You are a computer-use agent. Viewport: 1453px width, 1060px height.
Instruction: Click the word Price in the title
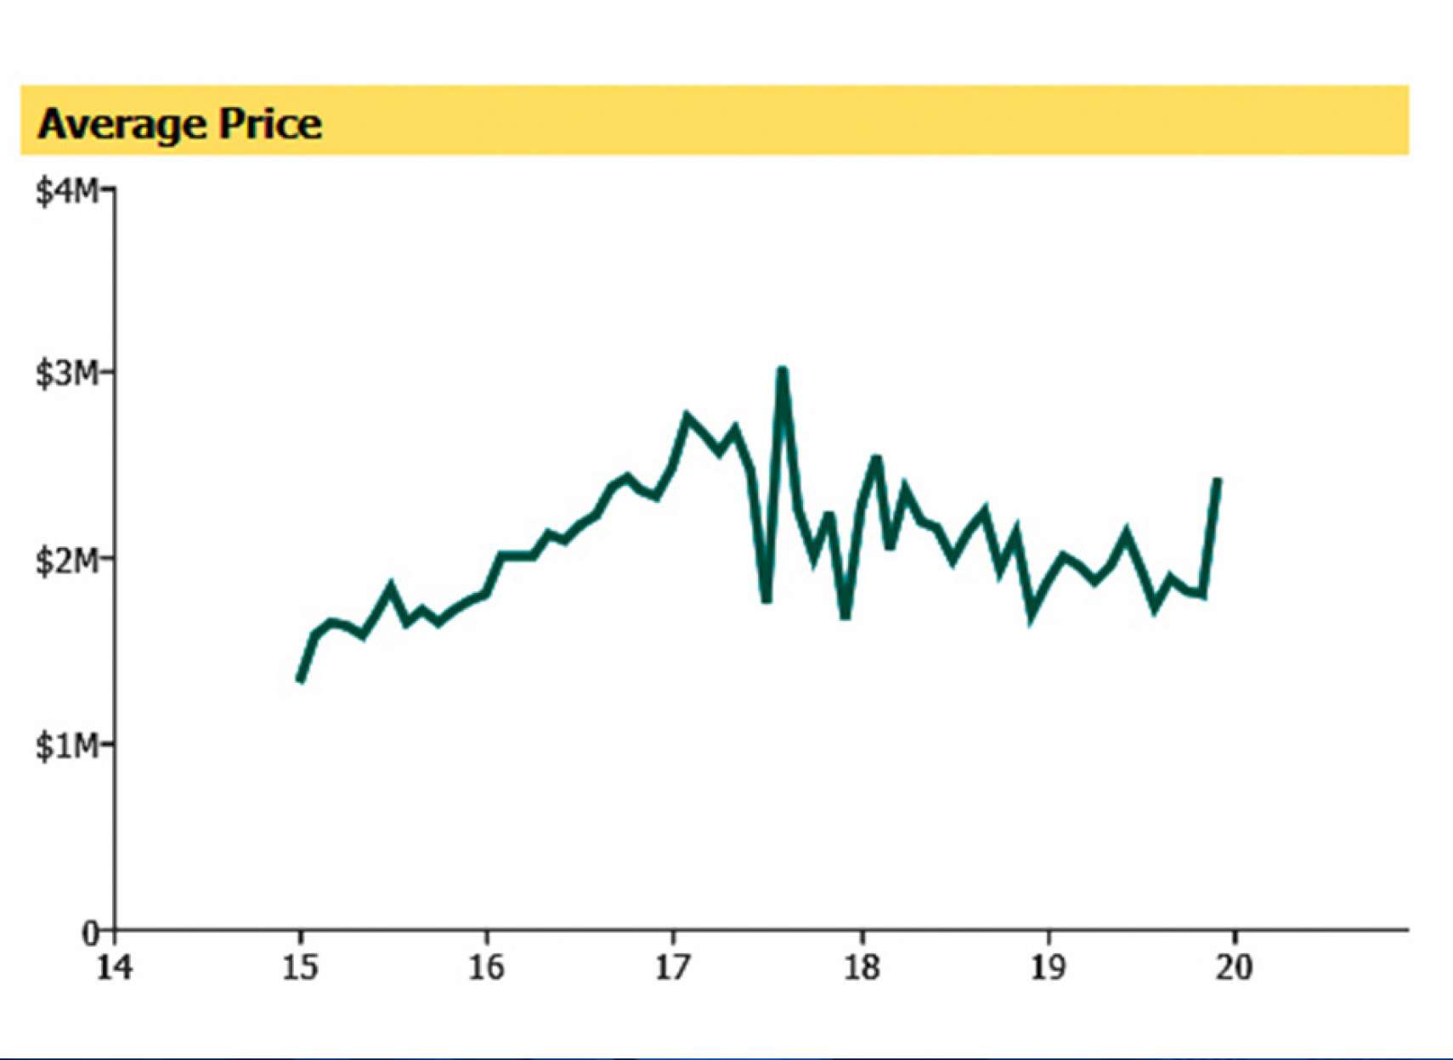(x=271, y=124)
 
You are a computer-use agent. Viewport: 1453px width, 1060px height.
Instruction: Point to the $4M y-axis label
(x=66, y=192)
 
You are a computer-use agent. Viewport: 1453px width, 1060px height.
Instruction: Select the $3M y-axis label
(x=66, y=374)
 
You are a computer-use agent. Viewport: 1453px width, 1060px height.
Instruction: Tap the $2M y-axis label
(x=66, y=561)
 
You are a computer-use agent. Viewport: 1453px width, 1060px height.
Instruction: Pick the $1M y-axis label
(x=66, y=746)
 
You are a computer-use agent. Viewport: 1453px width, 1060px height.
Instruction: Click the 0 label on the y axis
(x=90, y=933)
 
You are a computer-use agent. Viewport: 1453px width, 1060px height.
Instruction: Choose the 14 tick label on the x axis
(x=114, y=967)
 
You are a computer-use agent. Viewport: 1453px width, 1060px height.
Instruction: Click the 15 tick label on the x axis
(x=300, y=967)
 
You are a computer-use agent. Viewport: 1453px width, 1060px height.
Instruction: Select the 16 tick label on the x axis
(x=487, y=967)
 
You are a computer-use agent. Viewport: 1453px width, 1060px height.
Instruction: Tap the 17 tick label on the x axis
(x=674, y=967)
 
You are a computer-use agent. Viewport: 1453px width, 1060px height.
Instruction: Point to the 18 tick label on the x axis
(x=862, y=967)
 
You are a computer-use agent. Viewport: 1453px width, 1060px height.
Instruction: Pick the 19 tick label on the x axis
(x=1048, y=967)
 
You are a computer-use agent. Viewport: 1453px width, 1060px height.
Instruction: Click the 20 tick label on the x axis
(x=1234, y=967)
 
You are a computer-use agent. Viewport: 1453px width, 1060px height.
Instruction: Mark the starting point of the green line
(x=299, y=680)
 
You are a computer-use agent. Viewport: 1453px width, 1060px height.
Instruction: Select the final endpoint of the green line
(x=1218, y=480)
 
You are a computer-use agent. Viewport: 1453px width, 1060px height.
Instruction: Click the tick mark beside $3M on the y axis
(x=108, y=372)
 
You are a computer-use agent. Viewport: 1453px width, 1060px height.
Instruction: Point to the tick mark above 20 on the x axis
(x=1234, y=936)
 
